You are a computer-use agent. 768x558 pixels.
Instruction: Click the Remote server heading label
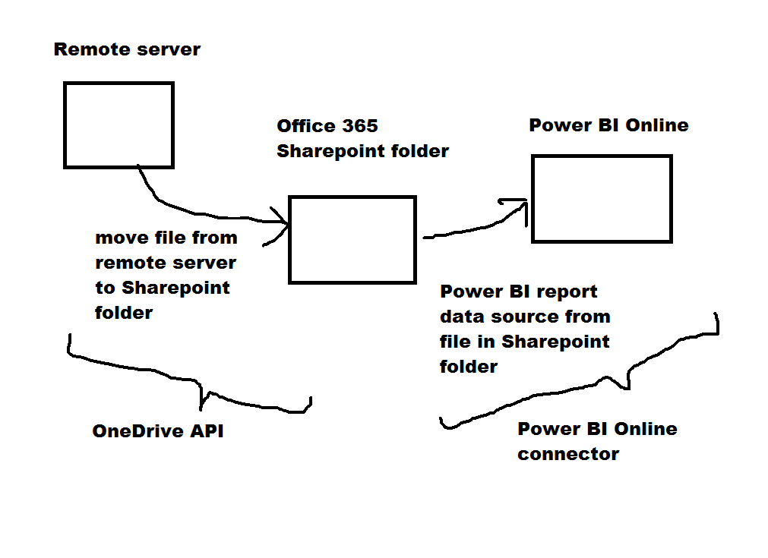[127, 50]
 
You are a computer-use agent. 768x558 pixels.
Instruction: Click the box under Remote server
[119, 125]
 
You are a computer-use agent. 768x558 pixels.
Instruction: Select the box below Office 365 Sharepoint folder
[352, 240]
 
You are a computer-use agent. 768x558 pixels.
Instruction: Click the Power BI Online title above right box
[608, 125]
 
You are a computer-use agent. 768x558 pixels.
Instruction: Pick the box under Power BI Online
[602, 199]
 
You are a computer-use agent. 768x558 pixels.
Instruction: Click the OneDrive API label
[158, 432]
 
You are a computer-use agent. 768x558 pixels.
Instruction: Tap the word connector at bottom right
[568, 455]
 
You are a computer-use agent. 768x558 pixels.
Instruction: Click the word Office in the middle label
[305, 126]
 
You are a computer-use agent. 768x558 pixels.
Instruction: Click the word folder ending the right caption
[469, 367]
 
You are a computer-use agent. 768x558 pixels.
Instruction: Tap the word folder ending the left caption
[124, 313]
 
